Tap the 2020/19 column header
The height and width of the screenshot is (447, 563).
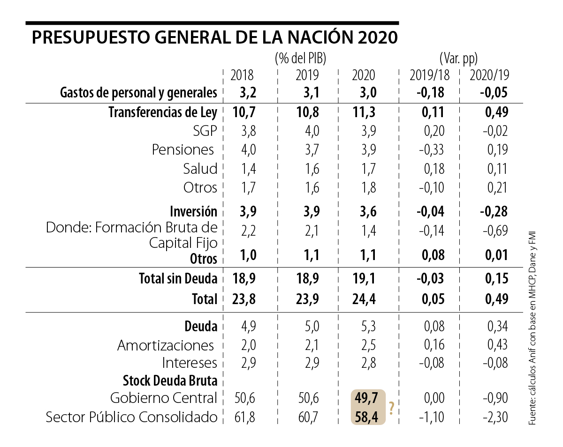coord(489,75)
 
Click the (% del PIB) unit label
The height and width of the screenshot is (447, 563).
coord(300,59)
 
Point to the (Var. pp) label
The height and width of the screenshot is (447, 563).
coord(458,59)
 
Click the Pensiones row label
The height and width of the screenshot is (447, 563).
coord(183,150)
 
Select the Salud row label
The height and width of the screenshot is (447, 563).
coord(200,169)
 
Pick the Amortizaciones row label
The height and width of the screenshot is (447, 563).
coord(166,345)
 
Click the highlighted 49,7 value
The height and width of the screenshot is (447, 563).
coord(367,398)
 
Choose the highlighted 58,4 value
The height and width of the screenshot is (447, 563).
coord(367,417)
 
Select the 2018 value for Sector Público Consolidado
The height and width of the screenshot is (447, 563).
coord(244,417)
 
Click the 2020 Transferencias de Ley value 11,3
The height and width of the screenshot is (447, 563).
coord(364,112)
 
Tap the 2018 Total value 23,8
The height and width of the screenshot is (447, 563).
coord(244,299)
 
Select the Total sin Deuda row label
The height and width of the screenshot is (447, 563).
coord(178,279)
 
